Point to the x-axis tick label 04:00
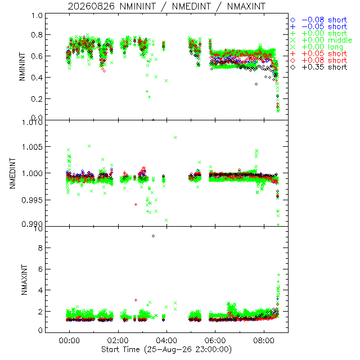point(166,340)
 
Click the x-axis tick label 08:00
point(264,340)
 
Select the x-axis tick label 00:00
point(69,340)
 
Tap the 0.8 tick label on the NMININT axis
point(37,35)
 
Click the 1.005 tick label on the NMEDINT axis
point(32,147)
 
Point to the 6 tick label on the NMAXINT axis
point(40,269)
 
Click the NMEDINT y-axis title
point(12,173)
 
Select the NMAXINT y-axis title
point(24,280)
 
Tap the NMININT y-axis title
point(22,66)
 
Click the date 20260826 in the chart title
point(91,6)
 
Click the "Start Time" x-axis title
point(120,349)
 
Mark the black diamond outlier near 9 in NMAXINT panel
point(153,236)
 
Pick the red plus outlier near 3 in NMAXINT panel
point(136,300)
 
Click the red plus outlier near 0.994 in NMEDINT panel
point(136,204)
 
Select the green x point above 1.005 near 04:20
point(175,137)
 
